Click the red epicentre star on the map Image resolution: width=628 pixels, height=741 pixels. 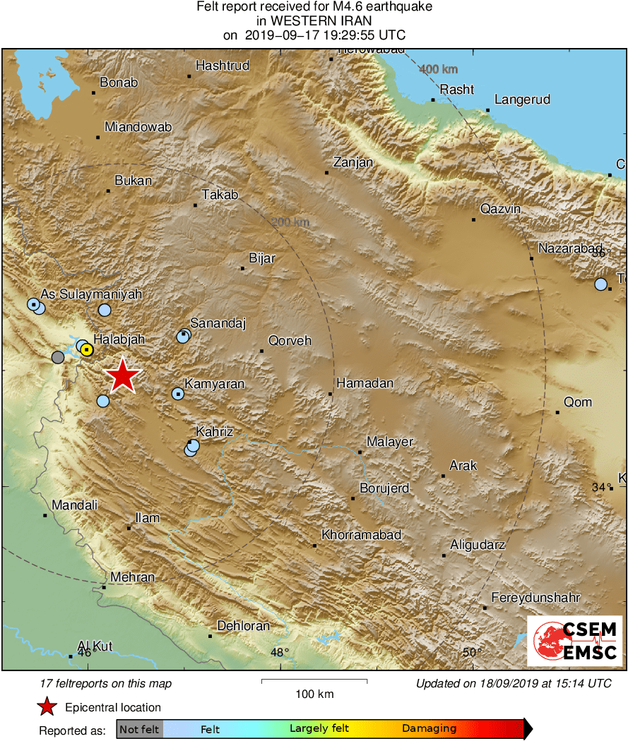click(x=123, y=375)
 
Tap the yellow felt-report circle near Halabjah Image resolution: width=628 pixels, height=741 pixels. click(x=86, y=349)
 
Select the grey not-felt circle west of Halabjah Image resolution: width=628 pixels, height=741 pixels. click(x=58, y=357)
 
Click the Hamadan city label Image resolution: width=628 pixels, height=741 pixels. click(x=365, y=383)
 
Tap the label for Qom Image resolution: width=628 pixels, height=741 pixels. click(x=578, y=402)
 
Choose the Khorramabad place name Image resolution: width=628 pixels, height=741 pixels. click(x=361, y=535)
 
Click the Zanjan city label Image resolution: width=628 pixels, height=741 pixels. click(x=352, y=162)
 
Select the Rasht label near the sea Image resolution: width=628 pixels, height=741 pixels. click(x=456, y=90)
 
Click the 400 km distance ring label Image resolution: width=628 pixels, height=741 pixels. click(x=438, y=69)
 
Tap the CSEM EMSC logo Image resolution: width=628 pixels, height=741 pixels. click(x=574, y=641)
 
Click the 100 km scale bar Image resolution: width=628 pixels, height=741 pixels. click(x=314, y=681)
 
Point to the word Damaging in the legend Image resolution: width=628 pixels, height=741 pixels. click(x=429, y=728)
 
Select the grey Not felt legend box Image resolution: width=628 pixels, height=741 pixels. click(x=139, y=728)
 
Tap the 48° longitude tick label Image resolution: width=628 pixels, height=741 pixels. click(x=280, y=652)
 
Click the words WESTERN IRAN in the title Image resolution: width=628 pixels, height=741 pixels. click(x=314, y=21)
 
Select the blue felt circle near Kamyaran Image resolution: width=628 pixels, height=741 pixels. click(x=177, y=394)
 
